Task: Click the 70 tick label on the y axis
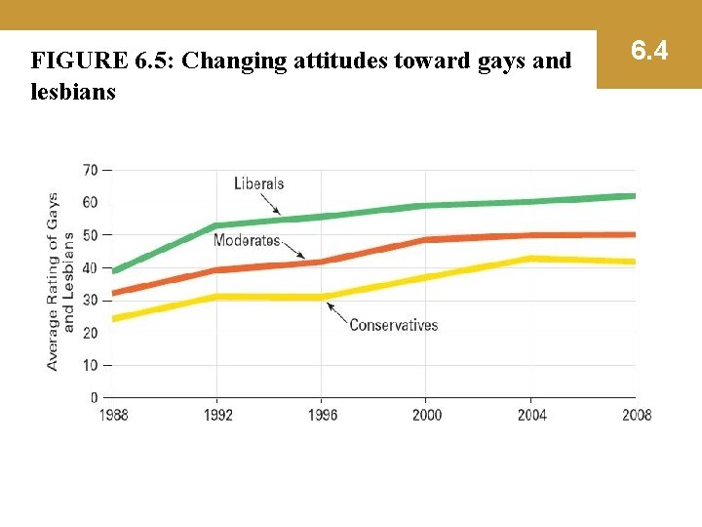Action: coord(90,170)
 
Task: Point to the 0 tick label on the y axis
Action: coord(94,397)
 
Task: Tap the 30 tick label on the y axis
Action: coord(90,300)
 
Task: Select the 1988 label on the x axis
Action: coord(114,415)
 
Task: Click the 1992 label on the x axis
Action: coord(217,415)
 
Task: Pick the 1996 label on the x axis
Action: coord(322,415)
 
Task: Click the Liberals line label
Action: coord(258,183)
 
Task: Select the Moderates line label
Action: coord(247,240)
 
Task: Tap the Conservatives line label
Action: coord(393,325)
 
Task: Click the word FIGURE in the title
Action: coord(76,61)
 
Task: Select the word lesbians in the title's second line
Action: coord(73,92)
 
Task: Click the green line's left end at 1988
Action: coord(115,270)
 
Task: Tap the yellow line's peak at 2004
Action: coord(529,259)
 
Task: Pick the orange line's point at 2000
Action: coord(425,239)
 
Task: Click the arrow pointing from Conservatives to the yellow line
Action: coord(337,312)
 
